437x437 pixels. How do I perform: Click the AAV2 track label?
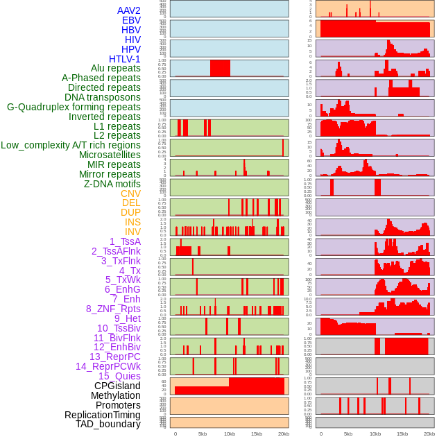click(128, 10)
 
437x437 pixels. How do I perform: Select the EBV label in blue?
click(130, 20)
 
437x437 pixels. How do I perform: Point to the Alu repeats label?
click(115, 68)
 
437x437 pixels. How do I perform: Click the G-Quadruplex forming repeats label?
click(74, 107)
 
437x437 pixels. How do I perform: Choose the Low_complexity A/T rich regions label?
click(71, 145)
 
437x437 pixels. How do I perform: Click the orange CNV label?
click(130, 194)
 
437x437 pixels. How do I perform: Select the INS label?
click(132, 222)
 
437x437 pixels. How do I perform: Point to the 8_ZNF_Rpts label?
click(113, 309)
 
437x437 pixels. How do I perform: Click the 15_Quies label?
click(119, 376)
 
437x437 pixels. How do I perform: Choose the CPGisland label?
click(117, 386)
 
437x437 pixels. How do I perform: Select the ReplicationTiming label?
click(103, 415)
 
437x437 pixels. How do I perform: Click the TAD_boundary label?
click(108, 424)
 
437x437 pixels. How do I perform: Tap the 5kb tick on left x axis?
click(203, 434)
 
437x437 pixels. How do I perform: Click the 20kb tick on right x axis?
click(429, 434)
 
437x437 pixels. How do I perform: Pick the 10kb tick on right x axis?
click(375, 434)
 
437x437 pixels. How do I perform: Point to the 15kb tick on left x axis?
click(257, 434)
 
